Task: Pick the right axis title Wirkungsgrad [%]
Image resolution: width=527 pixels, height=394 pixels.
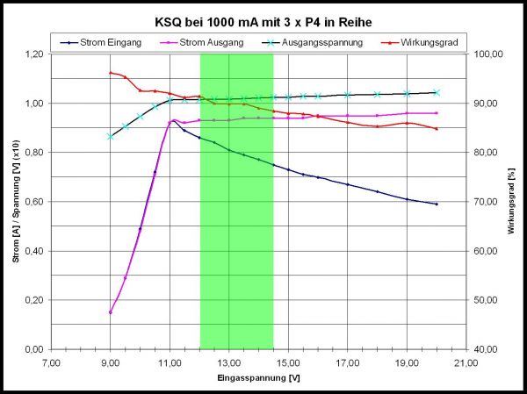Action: point(511,202)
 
